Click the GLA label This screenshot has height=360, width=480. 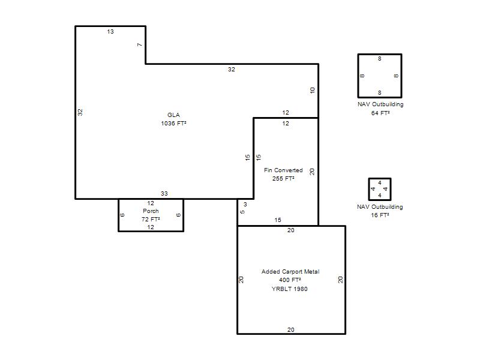173,115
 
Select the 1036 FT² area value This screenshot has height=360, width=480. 173,124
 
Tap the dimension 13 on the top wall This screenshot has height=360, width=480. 110,32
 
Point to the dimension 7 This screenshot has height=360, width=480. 140,44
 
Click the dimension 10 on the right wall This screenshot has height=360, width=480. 312,91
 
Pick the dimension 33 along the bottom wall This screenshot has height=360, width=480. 164,193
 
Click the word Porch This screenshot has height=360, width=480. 151,211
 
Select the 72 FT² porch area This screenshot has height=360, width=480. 151,219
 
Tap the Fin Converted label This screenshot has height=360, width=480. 283,170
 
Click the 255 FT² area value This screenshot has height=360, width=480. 283,178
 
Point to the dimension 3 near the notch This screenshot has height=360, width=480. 245,204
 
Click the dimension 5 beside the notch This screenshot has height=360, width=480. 242,212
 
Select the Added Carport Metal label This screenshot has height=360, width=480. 290,272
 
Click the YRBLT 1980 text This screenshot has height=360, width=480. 290,289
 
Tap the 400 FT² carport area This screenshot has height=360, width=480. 290,280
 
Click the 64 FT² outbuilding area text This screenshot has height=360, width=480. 380,113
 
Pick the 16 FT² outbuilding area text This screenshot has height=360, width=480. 380,215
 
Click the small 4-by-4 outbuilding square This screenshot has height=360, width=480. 368,189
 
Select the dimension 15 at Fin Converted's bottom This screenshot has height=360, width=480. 278,220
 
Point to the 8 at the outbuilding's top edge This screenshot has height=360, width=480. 380,58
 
